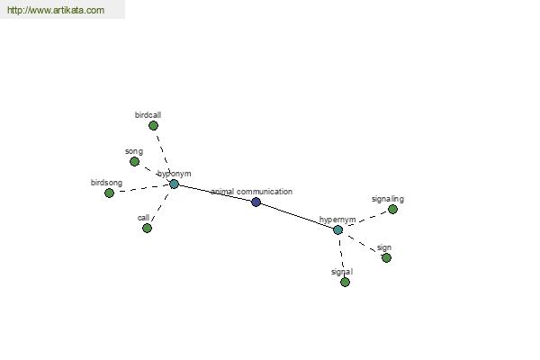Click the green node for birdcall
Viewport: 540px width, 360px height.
[153, 126]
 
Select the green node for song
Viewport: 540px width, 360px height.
[135, 162]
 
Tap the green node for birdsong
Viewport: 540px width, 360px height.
[109, 193]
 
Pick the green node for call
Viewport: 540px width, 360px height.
[147, 228]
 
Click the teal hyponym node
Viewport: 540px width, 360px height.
[175, 184]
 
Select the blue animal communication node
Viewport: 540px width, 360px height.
[256, 202]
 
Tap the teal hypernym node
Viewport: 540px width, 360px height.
[338, 229]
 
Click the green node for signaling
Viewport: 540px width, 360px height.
[392, 209]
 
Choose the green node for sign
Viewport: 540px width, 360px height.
[386, 257]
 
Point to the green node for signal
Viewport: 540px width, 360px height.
[345, 282]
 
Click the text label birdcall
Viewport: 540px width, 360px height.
[148, 115]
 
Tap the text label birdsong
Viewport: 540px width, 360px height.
[106, 183]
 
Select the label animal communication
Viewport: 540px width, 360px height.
[252, 192]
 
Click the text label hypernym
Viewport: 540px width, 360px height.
[337, 220]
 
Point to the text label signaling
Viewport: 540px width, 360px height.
[388, 199]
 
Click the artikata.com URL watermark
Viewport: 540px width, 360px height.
[56, 10]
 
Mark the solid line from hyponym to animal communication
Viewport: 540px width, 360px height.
[215, 193]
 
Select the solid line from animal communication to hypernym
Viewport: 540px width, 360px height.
[297, 216]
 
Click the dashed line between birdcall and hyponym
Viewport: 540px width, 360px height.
[164, 155]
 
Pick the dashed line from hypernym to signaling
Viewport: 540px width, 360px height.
[365, 220]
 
